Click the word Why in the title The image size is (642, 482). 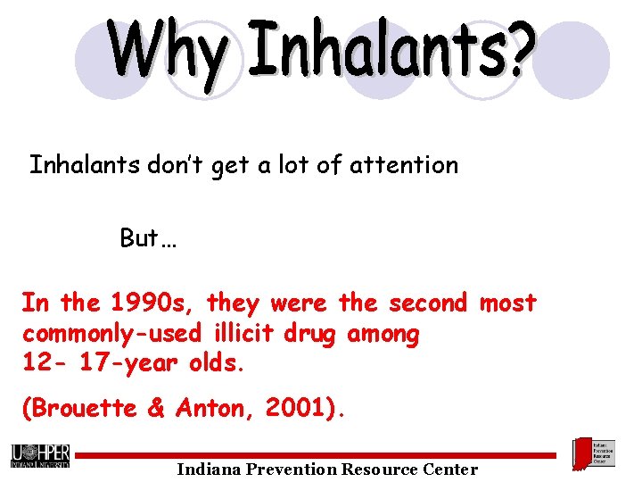tap(168, 52)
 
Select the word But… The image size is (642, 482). tap(149, 239)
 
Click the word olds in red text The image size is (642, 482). tap(217, 364)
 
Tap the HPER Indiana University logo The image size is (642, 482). tap(40, 455)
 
